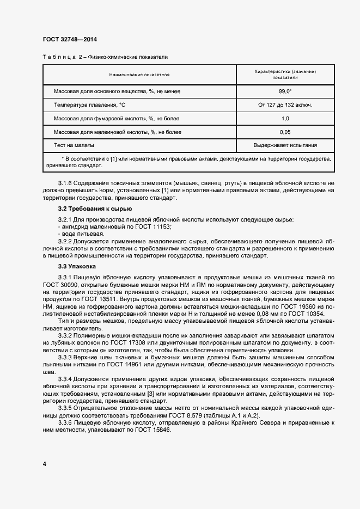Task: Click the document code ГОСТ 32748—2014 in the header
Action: coord(70,39)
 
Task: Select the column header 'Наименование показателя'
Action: coord(139,75)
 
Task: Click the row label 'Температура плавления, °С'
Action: coord(89,105)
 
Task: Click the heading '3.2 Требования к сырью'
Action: coord(94,209)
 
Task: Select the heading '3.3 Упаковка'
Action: coord(76,266)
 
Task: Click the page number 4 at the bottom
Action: coord(44,464)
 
